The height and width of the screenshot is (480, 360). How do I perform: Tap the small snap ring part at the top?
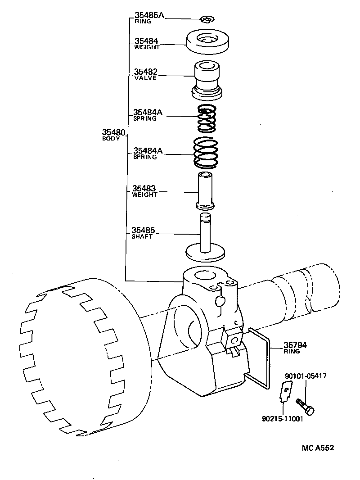click(x=207, y=19)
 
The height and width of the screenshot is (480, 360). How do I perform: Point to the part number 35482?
click(x=145, y=72)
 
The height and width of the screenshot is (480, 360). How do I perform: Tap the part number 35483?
click(x=144, y=189)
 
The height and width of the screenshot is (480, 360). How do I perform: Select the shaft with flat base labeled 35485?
click(x=205, y=239)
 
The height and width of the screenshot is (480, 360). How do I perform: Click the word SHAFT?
click(x=142, y=237)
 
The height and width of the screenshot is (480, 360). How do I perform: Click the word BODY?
click(x=111, y=139)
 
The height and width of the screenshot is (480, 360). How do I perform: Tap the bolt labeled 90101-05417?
click(x=304, y=404)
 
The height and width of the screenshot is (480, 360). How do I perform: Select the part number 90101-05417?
click(x=306, y=376)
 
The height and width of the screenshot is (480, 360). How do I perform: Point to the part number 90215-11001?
click(x=282, y=418)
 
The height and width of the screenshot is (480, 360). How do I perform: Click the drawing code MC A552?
click(x=318, y=448)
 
